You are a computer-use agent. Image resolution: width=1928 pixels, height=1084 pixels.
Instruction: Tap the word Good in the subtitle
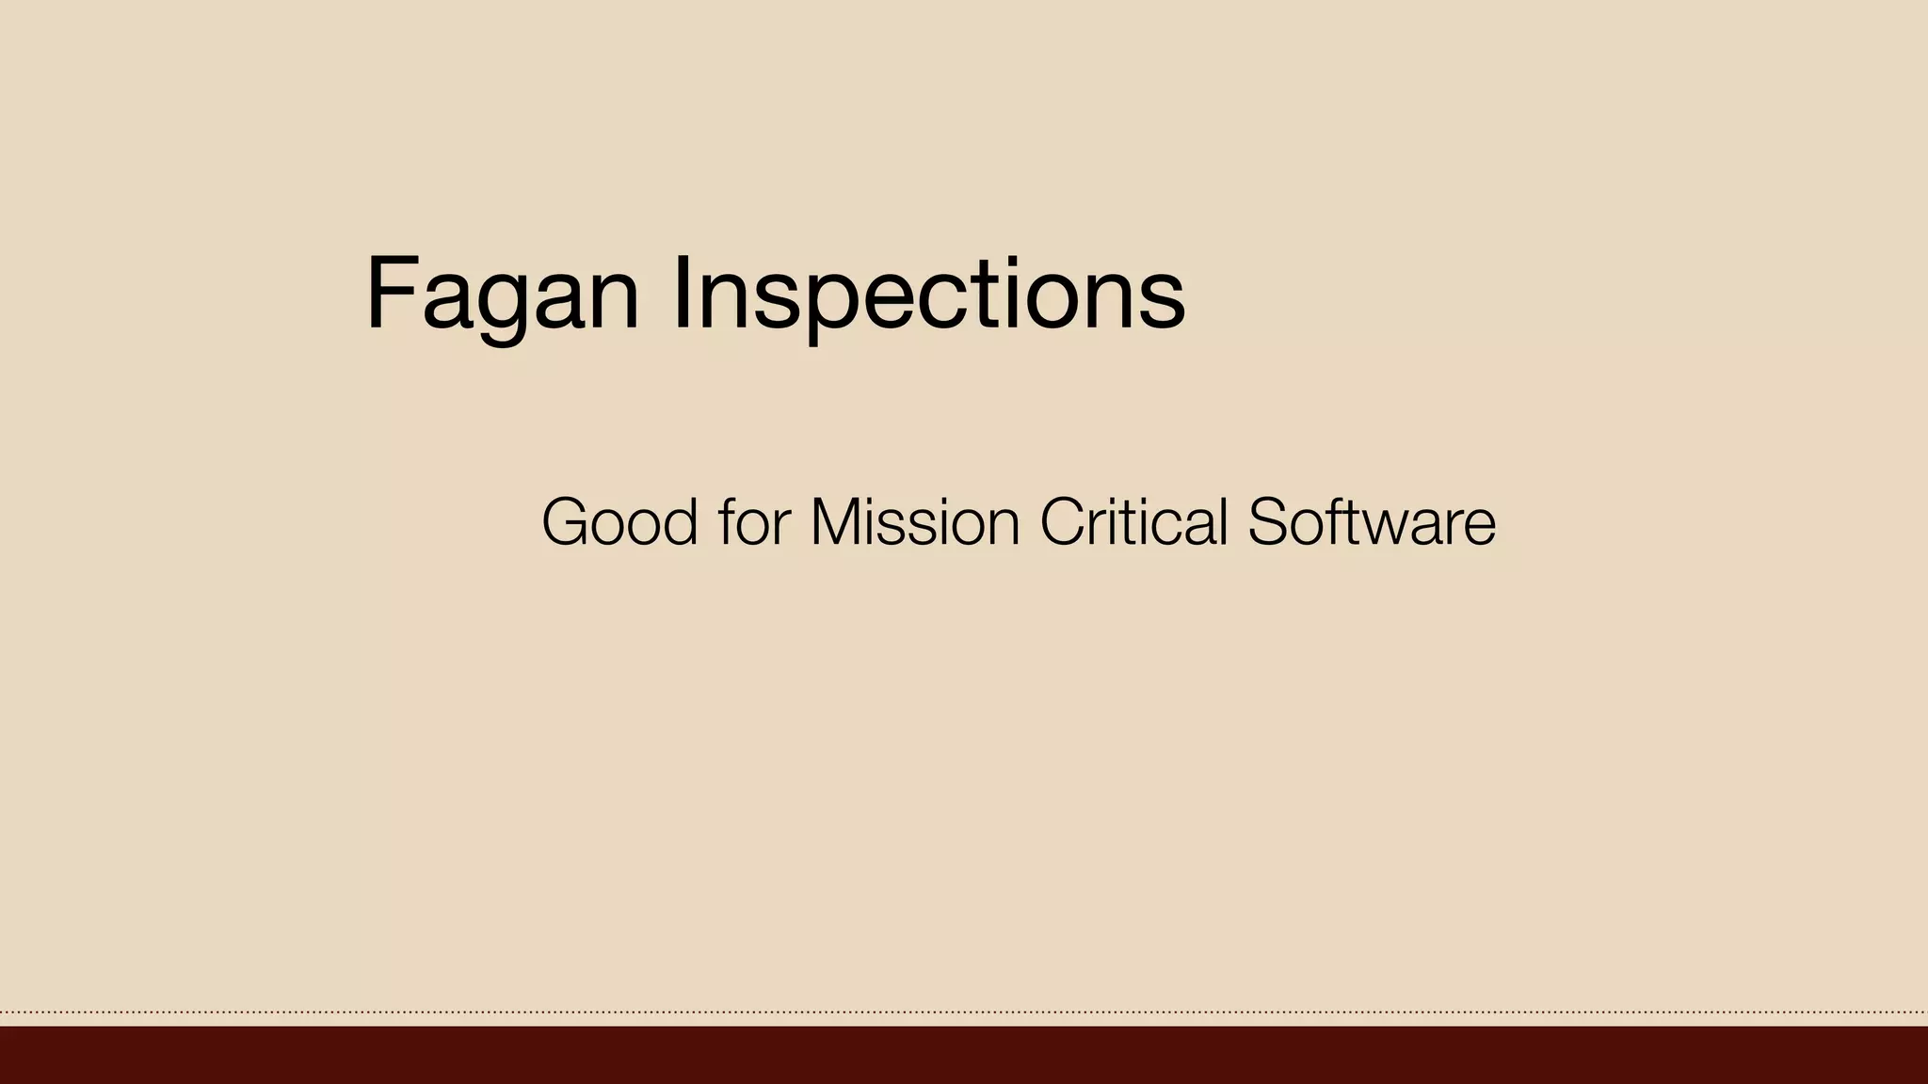(619, 522)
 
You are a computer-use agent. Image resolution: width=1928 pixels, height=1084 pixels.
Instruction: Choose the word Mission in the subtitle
(915, 522)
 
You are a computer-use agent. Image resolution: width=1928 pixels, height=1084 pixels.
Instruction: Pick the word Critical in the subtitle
(1133, 522)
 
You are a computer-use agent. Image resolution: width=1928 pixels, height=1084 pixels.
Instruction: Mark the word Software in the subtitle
(1372, 522)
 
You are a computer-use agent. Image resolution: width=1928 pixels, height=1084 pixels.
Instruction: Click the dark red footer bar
(964, 1055)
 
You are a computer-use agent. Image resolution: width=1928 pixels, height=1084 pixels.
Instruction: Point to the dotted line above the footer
(964, 1012)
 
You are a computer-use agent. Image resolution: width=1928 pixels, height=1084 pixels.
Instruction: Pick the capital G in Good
(567, 522)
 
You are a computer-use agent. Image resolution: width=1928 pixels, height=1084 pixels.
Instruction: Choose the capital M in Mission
(836, 522)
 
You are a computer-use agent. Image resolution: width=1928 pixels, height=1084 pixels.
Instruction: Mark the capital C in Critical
(1064, 522)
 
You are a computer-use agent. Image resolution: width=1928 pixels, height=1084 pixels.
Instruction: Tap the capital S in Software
(1269, 522)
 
